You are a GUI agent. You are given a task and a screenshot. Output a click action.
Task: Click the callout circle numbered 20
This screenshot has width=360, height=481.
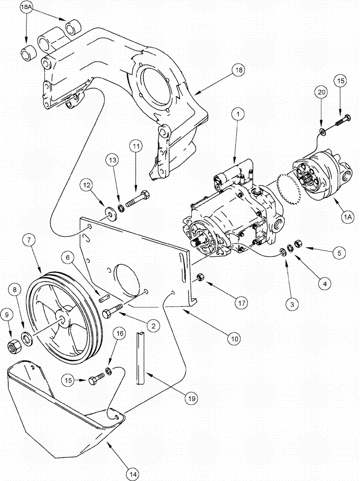point(321,91)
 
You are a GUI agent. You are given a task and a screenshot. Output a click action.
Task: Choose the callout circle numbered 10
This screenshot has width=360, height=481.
point(234,339)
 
